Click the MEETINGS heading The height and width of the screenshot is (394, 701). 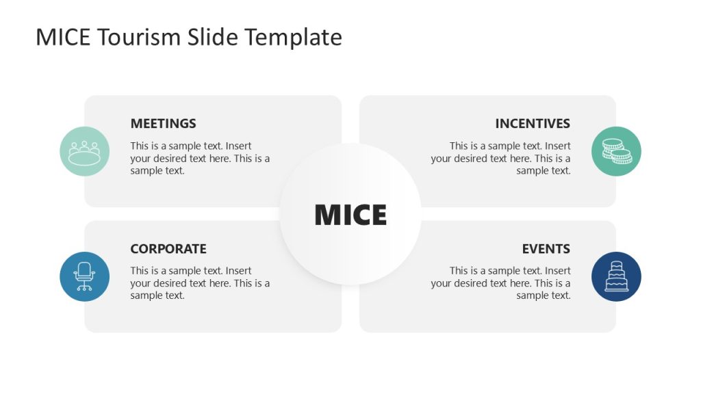tap(163, 124)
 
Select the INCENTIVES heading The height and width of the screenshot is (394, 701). tap(533, 124)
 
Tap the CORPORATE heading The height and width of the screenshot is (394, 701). tap(168, 249)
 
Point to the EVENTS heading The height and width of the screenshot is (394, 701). tap(546, 249)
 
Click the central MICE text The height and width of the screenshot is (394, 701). tap(350, 215)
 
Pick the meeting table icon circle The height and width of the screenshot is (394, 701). tap(85, 151)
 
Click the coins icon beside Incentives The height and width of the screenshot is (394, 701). tap(616, 151)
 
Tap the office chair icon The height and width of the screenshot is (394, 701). tap(85, 276)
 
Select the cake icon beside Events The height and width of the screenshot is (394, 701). tap(616, 276)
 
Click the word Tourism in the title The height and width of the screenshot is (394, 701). tap(140, 37)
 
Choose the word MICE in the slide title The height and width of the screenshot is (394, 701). tap(63, 37)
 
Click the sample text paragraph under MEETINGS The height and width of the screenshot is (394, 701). tap(200, 158)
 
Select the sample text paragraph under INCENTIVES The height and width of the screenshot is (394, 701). tap(501, 158)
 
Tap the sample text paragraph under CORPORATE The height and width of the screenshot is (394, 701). tap(200, 283)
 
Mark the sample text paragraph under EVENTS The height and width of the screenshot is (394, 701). tap(501, 283)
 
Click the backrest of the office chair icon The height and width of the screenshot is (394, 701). tap(85, 270)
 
